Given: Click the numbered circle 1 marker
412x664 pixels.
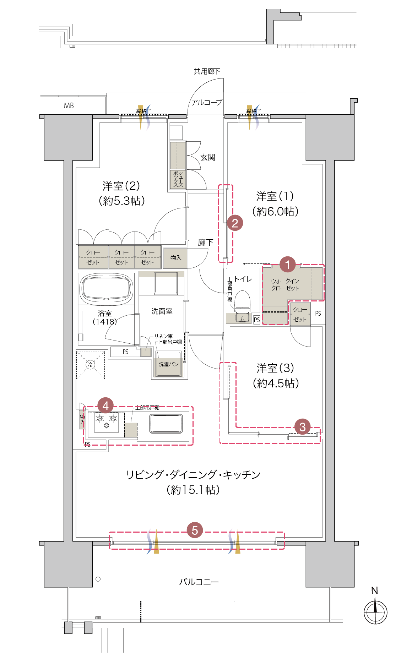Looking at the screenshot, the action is pos(288,264).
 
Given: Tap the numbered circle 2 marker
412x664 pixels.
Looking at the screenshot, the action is pos(235,223).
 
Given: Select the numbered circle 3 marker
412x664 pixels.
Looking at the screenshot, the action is pos(302,426).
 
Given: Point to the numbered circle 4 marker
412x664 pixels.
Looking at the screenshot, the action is pos(105,405).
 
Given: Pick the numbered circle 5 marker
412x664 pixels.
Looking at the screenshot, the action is pos(195,530).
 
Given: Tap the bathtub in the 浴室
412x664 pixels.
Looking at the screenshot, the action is pos(106,289).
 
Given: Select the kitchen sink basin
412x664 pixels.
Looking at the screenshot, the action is pos(166,423).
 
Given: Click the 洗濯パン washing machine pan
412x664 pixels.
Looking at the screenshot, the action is pos(169,364).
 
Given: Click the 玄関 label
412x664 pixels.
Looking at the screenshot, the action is pos(208,157).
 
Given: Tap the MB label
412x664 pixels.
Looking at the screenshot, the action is pos(69,105).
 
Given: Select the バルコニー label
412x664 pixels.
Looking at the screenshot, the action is pos(199,582).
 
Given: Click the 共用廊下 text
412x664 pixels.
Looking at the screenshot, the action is pos(207,71).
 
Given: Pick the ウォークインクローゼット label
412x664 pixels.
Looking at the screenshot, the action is pos(285,284).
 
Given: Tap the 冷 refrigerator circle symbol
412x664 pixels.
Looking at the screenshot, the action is pos(91,365).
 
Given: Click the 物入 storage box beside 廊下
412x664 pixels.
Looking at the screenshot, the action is pos(175,258).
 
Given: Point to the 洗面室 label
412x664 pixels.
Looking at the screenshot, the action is pos(162,311).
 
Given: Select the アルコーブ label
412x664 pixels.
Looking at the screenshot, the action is pos(207,102).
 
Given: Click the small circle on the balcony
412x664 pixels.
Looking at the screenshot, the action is pos(98,579).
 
